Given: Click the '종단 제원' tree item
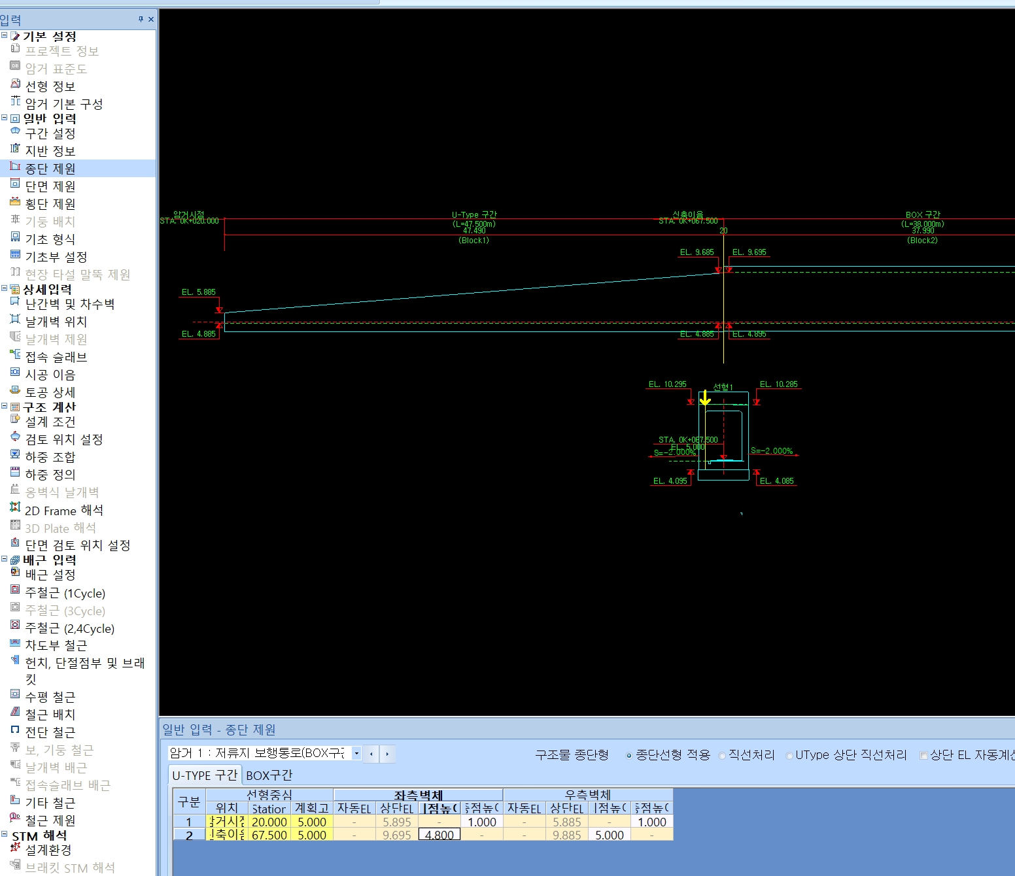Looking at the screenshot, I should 50,169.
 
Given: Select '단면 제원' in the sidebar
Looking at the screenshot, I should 50,186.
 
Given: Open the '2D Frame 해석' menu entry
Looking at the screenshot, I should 63,511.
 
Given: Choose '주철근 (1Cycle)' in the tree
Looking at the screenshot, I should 65,594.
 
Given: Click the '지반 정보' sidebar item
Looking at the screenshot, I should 50,151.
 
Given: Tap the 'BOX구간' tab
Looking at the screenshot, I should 269,775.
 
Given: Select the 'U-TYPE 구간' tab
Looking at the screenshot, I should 205,775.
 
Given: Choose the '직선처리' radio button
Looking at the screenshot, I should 722,756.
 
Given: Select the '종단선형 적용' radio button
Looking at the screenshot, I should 629,756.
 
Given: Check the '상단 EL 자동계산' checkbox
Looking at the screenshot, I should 923,756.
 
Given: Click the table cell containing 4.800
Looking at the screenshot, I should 439,835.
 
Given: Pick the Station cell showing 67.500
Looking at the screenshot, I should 269,835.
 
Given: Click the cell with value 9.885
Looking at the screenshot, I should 566,835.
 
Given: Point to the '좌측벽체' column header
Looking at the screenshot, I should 418,795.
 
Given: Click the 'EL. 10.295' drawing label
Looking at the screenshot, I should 667,384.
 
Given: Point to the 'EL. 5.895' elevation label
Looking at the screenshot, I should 198,292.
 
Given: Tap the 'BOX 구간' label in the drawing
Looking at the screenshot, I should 922,214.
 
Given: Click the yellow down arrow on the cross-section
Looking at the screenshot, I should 705,398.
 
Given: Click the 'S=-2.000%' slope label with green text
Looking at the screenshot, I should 771,451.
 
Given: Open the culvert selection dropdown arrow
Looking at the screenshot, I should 356,753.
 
